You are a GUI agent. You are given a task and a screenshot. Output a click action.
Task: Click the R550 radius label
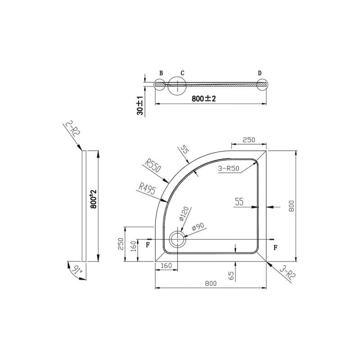[153, 166]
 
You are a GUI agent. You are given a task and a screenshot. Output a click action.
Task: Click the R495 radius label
[148, 189]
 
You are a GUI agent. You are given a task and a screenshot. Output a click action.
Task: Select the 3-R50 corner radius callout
[229, 168]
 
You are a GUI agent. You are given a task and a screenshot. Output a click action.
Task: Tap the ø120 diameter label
[184, 214]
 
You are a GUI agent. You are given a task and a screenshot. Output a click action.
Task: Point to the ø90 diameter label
[198, 226]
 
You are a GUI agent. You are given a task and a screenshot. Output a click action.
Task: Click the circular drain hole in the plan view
[177, 239]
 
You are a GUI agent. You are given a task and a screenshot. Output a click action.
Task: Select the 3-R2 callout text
[288, 273]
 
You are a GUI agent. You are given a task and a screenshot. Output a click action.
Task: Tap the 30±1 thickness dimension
[140, 105]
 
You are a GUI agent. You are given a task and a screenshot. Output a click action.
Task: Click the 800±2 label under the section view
[204, 99]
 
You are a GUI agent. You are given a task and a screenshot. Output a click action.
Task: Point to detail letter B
[161, 73]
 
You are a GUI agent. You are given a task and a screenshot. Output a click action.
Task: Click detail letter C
[182, 73]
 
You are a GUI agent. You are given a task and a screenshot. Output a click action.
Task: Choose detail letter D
[260, 73]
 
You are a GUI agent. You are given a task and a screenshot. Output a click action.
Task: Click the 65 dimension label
[231, 276]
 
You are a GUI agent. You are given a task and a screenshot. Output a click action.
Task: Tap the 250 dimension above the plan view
[249, 140]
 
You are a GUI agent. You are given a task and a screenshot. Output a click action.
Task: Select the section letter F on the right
[275, 247]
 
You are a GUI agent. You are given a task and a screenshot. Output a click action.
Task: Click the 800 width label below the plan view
[211, 283]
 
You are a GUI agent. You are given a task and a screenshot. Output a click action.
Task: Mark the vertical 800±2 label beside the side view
[94, 199]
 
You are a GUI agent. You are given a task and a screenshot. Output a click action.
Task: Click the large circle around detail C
[168, 85]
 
